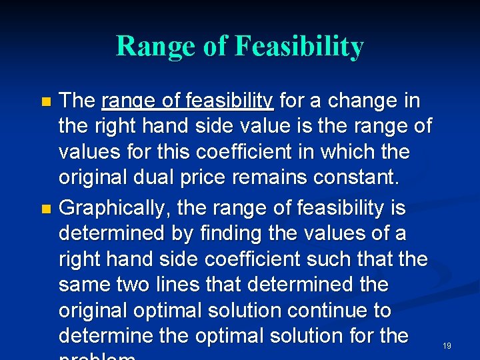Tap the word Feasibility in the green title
299,47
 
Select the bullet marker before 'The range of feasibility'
45,103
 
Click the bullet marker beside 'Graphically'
45,209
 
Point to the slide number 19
447,345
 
